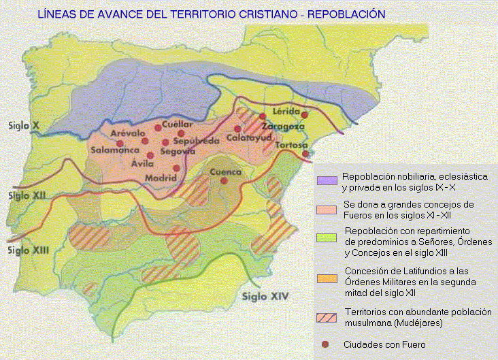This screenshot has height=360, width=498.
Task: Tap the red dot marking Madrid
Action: [x=177, y=168]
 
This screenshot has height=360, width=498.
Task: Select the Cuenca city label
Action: [x=225, y=173]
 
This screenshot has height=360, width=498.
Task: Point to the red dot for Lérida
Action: [x=305, y=115]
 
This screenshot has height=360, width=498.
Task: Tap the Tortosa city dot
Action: [x=306, y=154]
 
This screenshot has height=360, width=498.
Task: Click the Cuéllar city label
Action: [x=178, y=124]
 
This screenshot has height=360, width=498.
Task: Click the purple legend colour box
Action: [x=328, y=181]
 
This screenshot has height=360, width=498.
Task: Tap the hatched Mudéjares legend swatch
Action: [x=328, y=316]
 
